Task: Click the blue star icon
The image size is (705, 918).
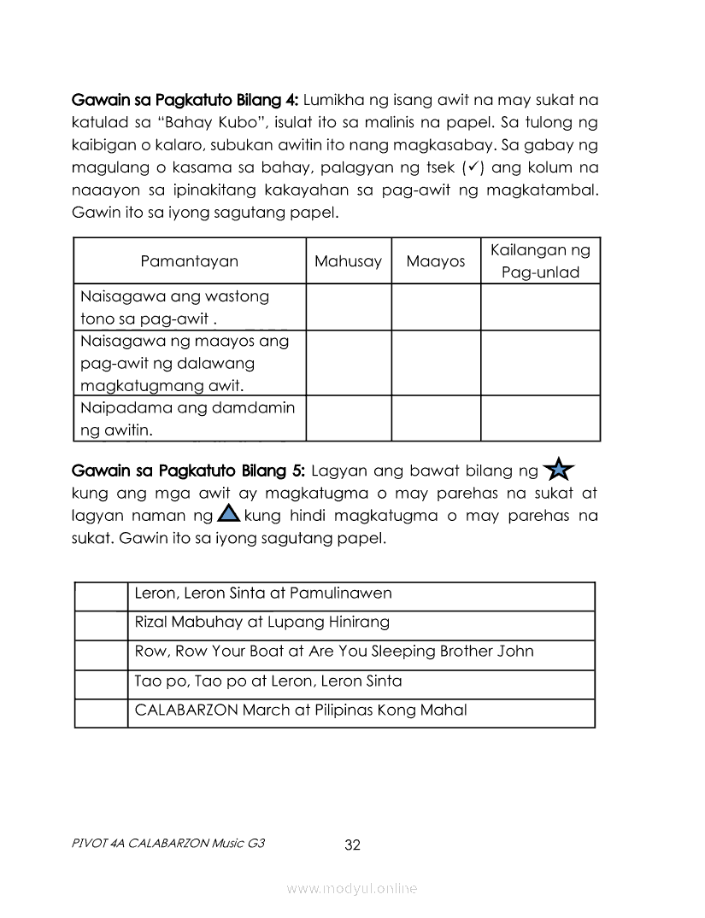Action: (x=558, y=470)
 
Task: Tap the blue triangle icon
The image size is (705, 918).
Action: (x=228, y=513)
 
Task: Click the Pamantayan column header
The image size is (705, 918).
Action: (x=189, y=261)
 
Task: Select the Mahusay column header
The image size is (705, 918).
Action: (x=348, y=261)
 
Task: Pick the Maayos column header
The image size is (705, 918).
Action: (x=436, y=261)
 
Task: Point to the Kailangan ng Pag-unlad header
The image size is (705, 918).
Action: (x=540, y=261)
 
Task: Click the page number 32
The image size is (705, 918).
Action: (x=352, y=845)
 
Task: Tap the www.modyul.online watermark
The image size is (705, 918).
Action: (x=352, y=889)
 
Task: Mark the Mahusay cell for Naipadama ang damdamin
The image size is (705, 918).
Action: (x=348, y=418)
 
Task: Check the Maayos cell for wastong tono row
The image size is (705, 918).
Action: (x=436, y=307)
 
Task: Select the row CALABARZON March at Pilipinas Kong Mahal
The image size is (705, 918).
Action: (x=301, y=710)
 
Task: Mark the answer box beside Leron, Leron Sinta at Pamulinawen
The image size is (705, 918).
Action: (x=101, y=596)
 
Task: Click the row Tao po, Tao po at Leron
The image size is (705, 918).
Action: (x=268, y=681)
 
